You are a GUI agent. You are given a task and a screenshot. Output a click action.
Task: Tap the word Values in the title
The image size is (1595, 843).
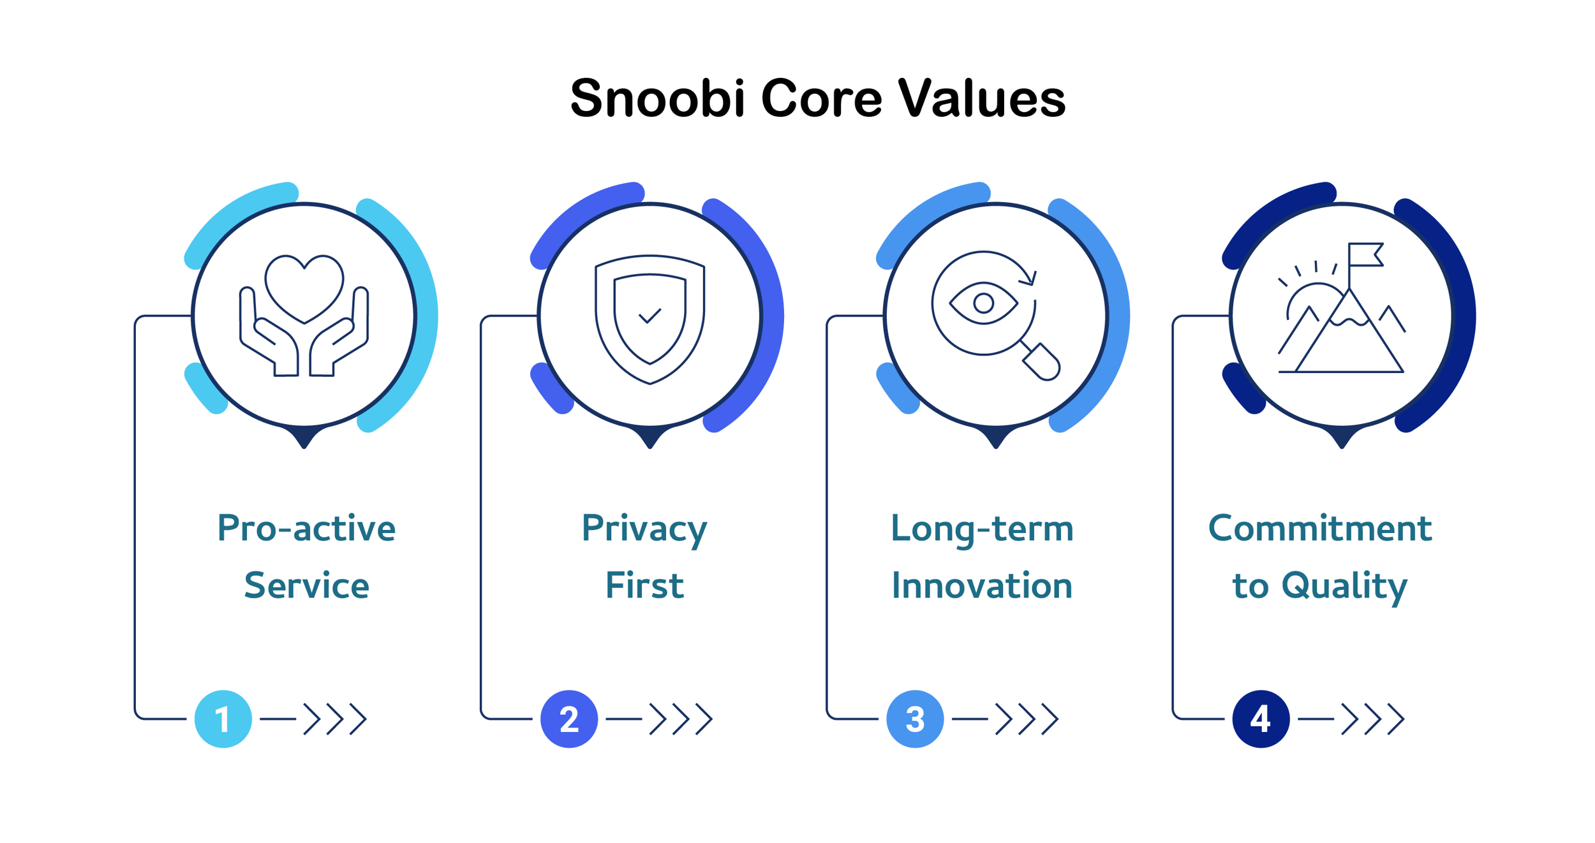(x=981, y=98)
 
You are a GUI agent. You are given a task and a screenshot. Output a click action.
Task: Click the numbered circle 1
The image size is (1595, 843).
(x=223, y=719)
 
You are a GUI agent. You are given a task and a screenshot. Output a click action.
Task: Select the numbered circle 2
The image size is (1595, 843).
(x=568, y=719)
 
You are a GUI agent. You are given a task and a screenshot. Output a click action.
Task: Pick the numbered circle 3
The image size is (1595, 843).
(x=915, y=719)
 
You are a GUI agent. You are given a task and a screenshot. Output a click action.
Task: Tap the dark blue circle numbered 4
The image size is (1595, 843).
(x=1261, y=719)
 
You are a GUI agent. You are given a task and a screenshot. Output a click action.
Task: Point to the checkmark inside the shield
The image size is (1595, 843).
(x=649, y=316)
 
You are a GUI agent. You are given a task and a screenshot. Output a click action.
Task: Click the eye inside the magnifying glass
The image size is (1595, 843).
(x=983, y=303)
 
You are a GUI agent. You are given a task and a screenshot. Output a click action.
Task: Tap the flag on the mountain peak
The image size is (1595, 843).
(x=1365, y=254)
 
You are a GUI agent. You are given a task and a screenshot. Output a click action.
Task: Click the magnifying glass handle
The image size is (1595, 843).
(x=1040, y=361)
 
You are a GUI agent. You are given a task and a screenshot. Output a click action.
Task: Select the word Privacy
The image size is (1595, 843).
(x=644, y=529)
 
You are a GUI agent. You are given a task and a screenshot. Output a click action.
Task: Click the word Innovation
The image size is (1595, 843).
(x=982, y=585)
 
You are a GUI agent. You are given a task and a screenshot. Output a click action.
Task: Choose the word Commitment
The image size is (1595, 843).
(x=1320, y=528)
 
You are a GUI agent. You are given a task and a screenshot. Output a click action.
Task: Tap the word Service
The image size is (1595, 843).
(x=306, y=585)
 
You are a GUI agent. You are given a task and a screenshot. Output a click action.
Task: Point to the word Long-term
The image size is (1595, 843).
(x=982, y=529)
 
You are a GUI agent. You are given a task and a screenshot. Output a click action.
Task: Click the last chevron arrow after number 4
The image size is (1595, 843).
(x=1396, y=719)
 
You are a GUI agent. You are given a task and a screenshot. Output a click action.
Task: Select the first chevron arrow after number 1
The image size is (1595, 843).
(x=311, y=719)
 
